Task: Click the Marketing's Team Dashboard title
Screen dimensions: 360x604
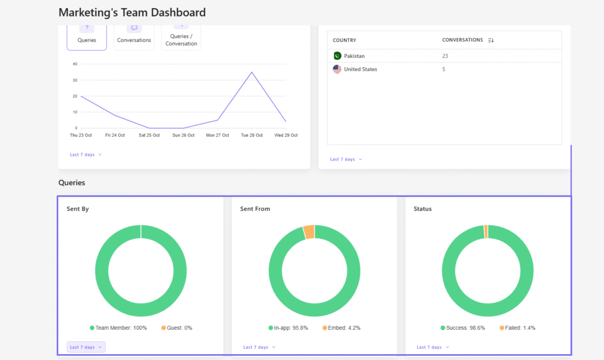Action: click(132, 12)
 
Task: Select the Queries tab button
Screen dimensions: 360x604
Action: click(87, 35)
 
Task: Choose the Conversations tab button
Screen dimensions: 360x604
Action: click(134, 35)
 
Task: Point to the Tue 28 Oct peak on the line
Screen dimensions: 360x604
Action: click(252, 73)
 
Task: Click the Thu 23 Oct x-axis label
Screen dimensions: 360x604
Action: click(81, 135)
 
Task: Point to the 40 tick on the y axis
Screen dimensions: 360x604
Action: click(75, 64)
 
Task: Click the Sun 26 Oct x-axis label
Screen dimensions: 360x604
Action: click(183, 135)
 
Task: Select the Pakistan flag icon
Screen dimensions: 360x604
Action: click(337, 56)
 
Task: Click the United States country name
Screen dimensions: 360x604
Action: click(360, 69)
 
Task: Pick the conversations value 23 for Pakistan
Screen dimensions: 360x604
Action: click(445, 56)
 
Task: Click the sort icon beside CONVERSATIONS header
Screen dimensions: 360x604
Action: click(491, 40)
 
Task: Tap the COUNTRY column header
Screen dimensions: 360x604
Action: click(344, 40)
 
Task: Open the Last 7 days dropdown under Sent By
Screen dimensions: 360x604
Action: click(86, 347)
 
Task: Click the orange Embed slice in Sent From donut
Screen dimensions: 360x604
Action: click(308, 231)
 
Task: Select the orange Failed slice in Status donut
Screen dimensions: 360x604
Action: click(485, 231)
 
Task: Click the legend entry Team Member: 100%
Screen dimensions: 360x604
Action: click(119, 328)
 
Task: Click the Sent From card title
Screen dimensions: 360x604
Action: click(255, 209)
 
